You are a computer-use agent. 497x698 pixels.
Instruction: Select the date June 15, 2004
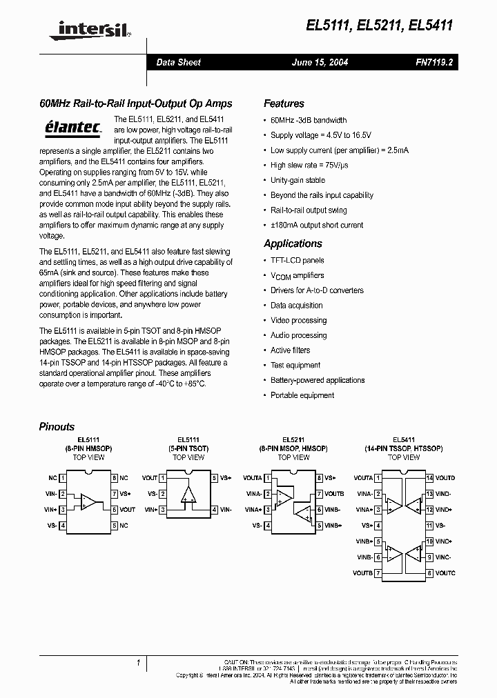(320, 62)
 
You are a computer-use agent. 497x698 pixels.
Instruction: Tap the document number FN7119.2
(433, 62)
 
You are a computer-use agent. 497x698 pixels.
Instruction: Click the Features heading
(284, 103)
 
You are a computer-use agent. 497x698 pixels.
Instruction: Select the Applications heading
(293, 243)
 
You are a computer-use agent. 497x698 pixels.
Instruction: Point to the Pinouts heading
(57, 426)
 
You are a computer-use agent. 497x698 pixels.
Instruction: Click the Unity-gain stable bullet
(298, 180)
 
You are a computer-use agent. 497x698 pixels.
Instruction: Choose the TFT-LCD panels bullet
(297, 260)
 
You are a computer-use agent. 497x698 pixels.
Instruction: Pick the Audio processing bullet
(298, 335)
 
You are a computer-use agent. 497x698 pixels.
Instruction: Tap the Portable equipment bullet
(302, 395)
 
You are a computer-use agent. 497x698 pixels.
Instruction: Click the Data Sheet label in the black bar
(178, 62)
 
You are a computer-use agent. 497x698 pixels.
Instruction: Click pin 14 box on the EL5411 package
(429, 478)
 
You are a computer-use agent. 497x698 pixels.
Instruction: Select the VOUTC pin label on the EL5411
(445, 573)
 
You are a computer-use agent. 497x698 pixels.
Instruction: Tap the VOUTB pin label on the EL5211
(335, 494)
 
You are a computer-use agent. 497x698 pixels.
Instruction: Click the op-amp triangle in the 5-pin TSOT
(188, 494)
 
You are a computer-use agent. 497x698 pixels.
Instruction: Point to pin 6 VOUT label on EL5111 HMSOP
(128, 510)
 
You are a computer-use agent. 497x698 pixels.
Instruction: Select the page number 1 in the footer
(138, 663)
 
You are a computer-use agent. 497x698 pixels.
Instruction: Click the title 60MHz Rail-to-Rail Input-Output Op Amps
(135, 103)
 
